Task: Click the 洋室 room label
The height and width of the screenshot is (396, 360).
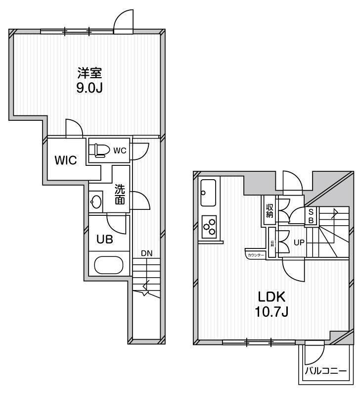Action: coord(90,74)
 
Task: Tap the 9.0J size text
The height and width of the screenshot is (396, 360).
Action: coord(90,89)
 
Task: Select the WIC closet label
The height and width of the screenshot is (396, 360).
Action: coord(65,161)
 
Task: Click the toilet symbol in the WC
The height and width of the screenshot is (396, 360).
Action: coord(99,149)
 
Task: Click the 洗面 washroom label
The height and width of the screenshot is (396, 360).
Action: coord(120,195)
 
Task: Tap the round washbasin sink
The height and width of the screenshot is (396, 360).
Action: coord(96,201)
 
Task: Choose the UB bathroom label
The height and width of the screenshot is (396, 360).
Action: coord(104,239)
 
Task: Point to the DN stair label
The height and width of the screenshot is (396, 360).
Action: coord(147,253)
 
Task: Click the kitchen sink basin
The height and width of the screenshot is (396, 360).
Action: coord(208,193)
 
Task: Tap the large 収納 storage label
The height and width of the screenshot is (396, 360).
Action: coord(270,211)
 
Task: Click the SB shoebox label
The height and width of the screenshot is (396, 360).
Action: coord(311,216)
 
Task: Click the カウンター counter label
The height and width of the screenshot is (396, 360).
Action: coord(256,255)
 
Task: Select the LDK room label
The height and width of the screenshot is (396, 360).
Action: coord(271,297)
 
